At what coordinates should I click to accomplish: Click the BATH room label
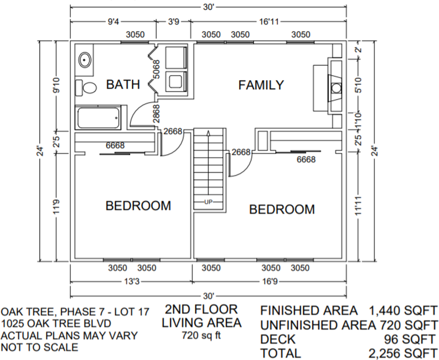[x=123, y=85]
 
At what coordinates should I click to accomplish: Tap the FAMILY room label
[x=261, y=85]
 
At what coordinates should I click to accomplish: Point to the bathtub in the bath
[x=98, y=117]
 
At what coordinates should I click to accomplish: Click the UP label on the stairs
[x=208, y=202]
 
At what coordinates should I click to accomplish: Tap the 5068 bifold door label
[x=156, y=69]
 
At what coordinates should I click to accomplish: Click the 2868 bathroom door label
[x=156, y=114]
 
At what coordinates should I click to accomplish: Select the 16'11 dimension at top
[x=269, y=22]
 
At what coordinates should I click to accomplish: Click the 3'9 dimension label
[x=173, y=22]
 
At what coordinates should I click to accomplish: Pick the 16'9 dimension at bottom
[x=269, y=281]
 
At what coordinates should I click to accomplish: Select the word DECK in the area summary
[x=278, y=339]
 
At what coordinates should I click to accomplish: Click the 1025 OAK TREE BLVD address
[x=56, y=324]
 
